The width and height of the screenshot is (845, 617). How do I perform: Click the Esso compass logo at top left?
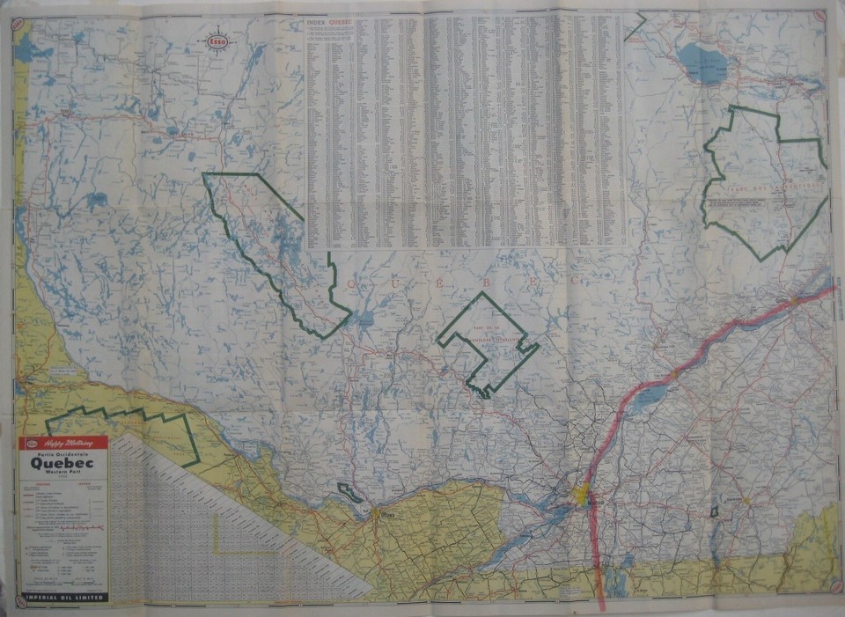tap(217, 40)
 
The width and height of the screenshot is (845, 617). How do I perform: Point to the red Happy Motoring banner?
tap(62, 444)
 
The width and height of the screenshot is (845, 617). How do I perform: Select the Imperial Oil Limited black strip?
tap(62, 597)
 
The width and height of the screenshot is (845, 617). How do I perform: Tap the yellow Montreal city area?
tap(581, 495)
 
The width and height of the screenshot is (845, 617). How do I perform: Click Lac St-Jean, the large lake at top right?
tap(703, 62)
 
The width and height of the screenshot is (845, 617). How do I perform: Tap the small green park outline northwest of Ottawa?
tap(349, 493)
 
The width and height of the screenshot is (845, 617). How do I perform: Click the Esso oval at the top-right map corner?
tap(819, 15)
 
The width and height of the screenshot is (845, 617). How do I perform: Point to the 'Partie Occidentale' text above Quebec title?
tap(62, 452)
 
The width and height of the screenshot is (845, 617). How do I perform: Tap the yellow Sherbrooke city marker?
tap(746, 501)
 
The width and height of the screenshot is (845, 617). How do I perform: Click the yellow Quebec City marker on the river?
tap(794, 300)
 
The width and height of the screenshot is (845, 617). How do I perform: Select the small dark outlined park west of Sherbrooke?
tap(715, 511)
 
